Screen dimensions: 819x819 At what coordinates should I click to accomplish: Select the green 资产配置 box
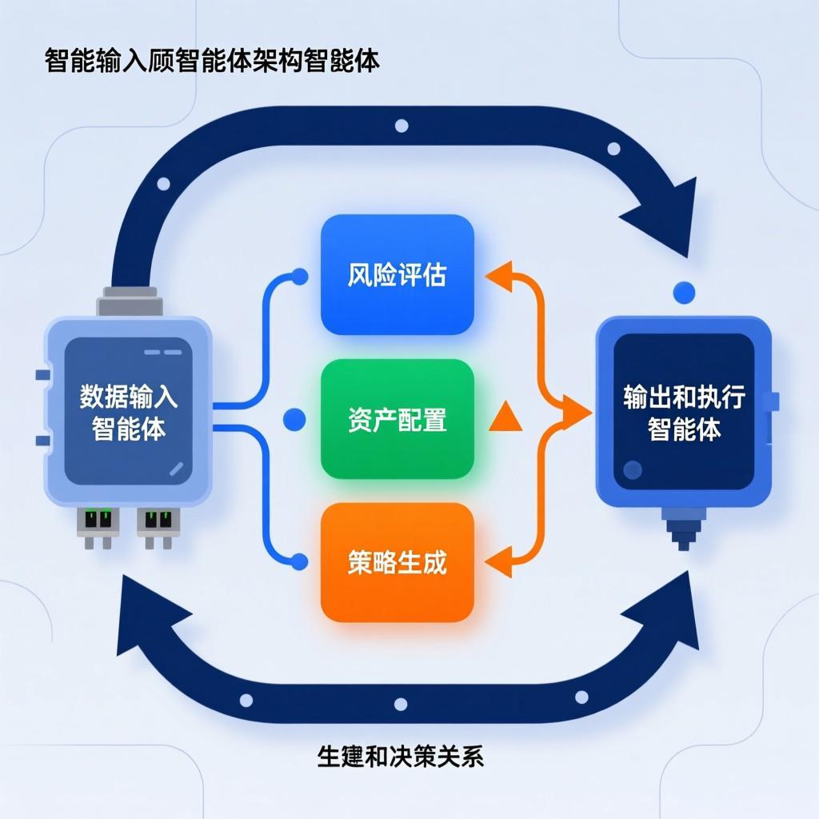pyautogui.click(x=398, y=419)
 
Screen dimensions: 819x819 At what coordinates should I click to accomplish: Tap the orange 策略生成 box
pyautogui.click(x=398, y=562)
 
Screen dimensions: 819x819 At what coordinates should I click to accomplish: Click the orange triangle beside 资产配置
pyautogui.click(x=505, y=417)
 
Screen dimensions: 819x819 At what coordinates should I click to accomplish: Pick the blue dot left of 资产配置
pyautogui.click(x=294, y=418)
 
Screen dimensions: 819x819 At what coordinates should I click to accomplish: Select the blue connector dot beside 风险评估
pyautogui.click(x=300, y=278)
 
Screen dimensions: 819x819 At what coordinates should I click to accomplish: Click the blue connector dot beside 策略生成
pyautogui.click(x=300, y=562)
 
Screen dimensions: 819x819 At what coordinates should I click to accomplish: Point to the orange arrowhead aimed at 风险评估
pyautogui.click(x=497, y=276)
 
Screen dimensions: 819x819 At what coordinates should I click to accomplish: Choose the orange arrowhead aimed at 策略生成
pyautogui.click(x=497, y=562)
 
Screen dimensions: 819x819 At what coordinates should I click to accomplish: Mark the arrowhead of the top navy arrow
pyautogui.click(x=660, y=212)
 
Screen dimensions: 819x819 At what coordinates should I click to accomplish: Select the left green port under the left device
pyautogui.click(x=96, y=521)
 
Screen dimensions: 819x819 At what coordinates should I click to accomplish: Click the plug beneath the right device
pyautogui.click(x=682, y=532)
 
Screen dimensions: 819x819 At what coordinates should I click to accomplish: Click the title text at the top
pyautogui.click(x=212, y=62)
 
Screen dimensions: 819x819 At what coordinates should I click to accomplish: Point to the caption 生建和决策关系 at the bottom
pyautogui.click(x=401, y=757)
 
